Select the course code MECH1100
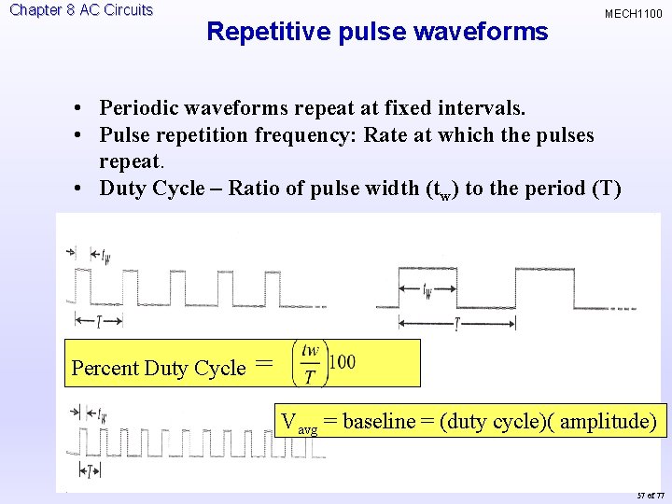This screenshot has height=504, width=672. point(633,14)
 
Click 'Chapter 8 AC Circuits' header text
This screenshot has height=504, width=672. point(81,10)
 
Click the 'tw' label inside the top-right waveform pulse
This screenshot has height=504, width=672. point(427,291)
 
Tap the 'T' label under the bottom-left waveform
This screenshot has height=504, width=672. point(96,469)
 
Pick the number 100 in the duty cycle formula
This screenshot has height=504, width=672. point(343,362)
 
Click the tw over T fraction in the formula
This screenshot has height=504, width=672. point(310,364)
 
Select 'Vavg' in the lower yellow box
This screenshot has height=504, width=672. point(300,423)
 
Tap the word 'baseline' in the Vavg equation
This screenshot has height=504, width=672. point(379,421)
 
